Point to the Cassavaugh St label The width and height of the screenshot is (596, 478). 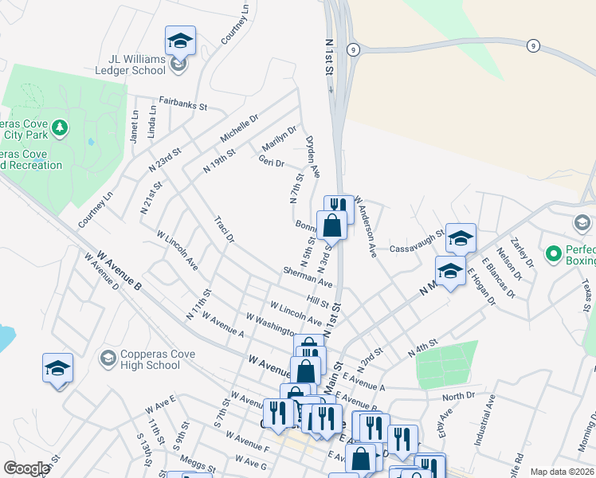click(415, 248)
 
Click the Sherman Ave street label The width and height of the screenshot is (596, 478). click(307, 277)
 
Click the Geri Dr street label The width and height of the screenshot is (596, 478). click(271, 163)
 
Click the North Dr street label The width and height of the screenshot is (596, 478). click(458, 396)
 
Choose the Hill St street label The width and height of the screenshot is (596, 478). click(318, 302)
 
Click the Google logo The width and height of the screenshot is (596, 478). click(26, 468)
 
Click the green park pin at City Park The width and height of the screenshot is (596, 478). click(59, 127)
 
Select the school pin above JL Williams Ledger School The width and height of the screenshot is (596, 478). click(180, 41)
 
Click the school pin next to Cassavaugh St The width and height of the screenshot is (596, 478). click(461, 237)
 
